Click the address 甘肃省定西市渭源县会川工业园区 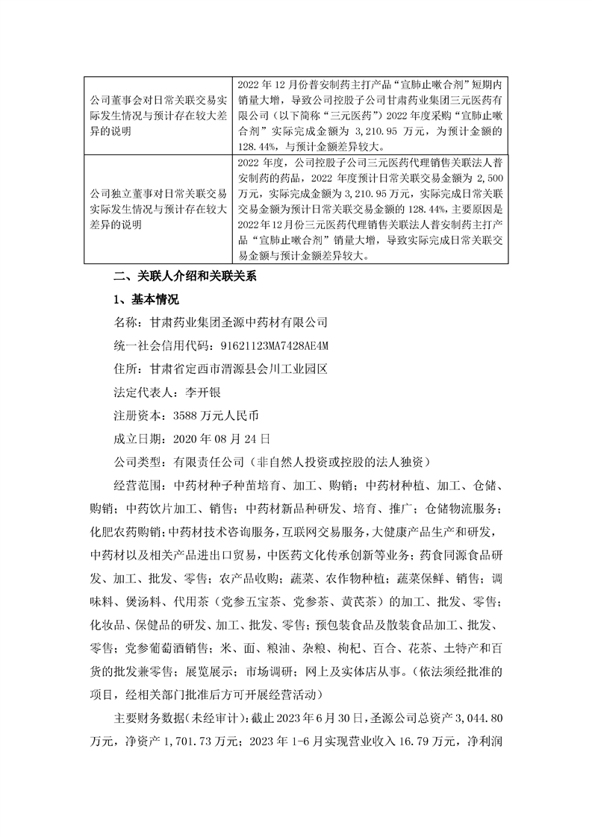coord(244,369)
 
